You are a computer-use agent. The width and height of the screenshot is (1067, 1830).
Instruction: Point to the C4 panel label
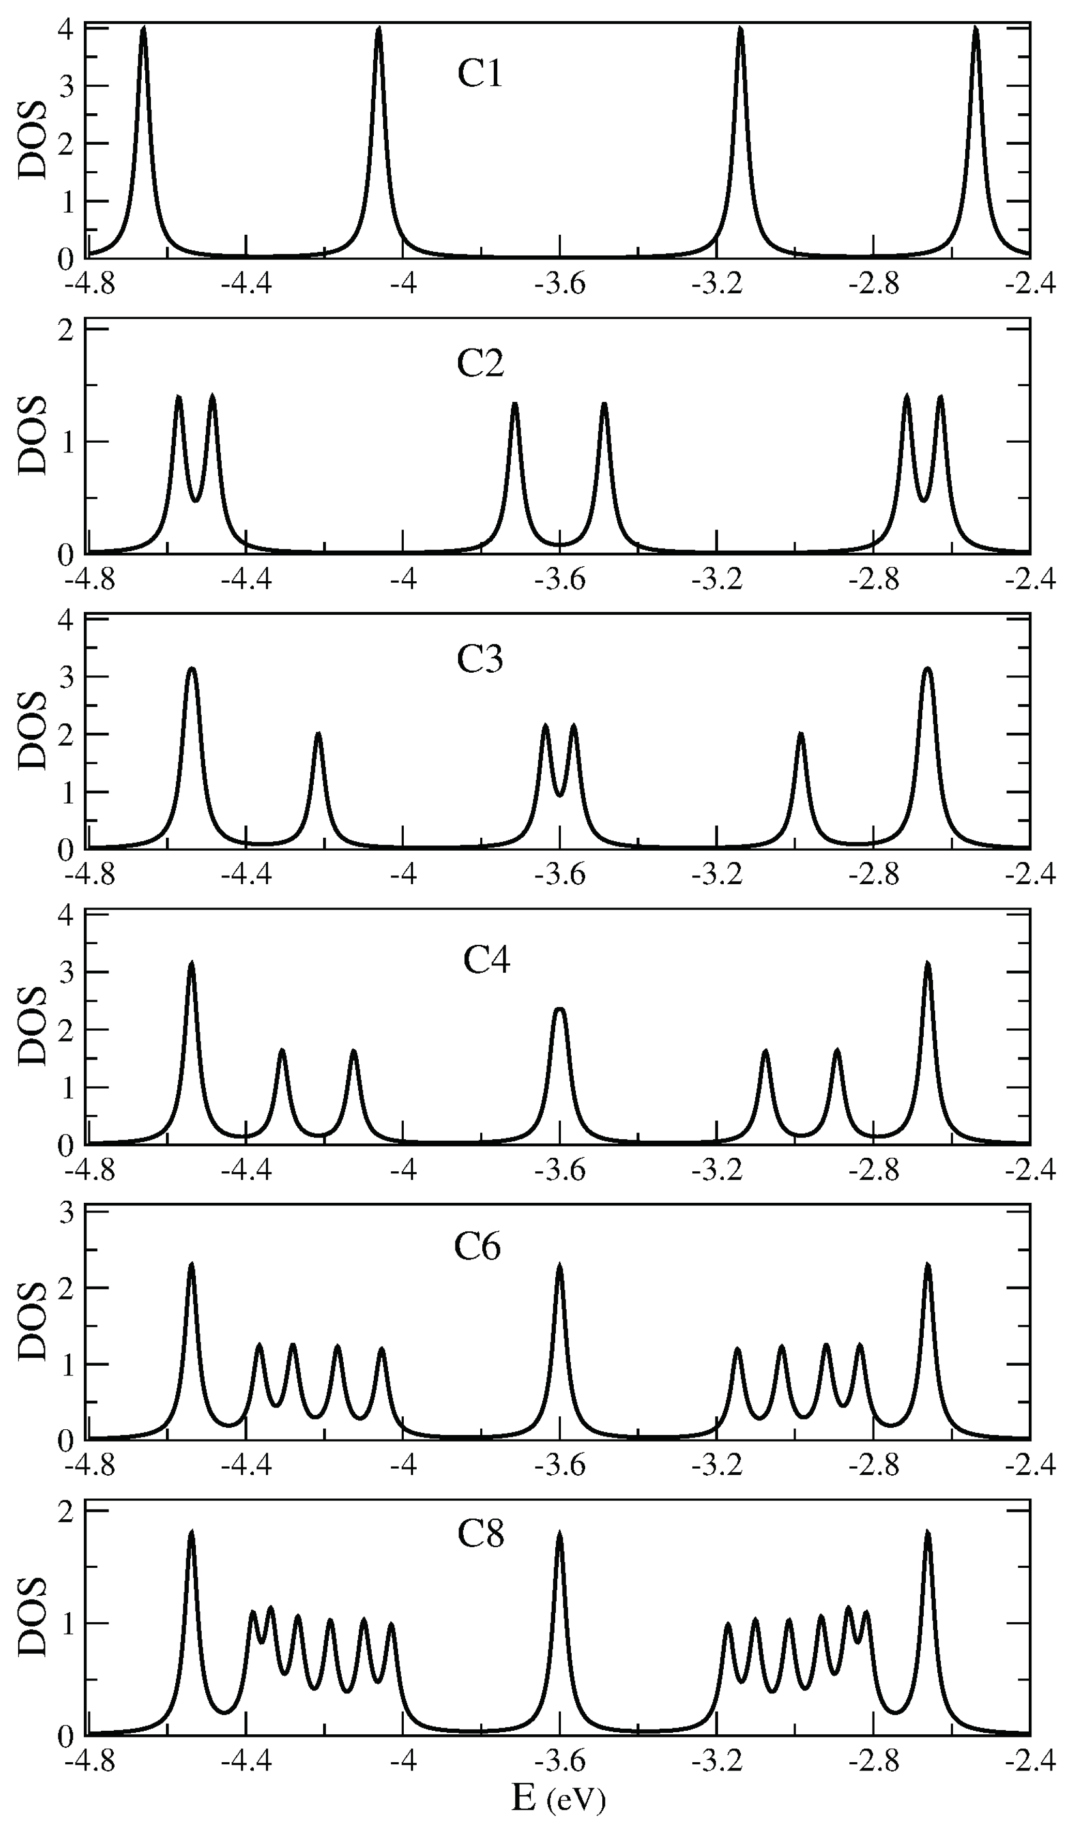point(486,960)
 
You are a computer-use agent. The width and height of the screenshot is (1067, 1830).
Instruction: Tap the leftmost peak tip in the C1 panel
point(144,29)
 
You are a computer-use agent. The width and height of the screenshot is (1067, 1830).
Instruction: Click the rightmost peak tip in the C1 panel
point(975,29)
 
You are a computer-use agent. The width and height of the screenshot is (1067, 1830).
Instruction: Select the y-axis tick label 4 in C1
point(66,29)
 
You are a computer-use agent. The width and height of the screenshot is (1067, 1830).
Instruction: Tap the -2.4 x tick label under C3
point(1030,876)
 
